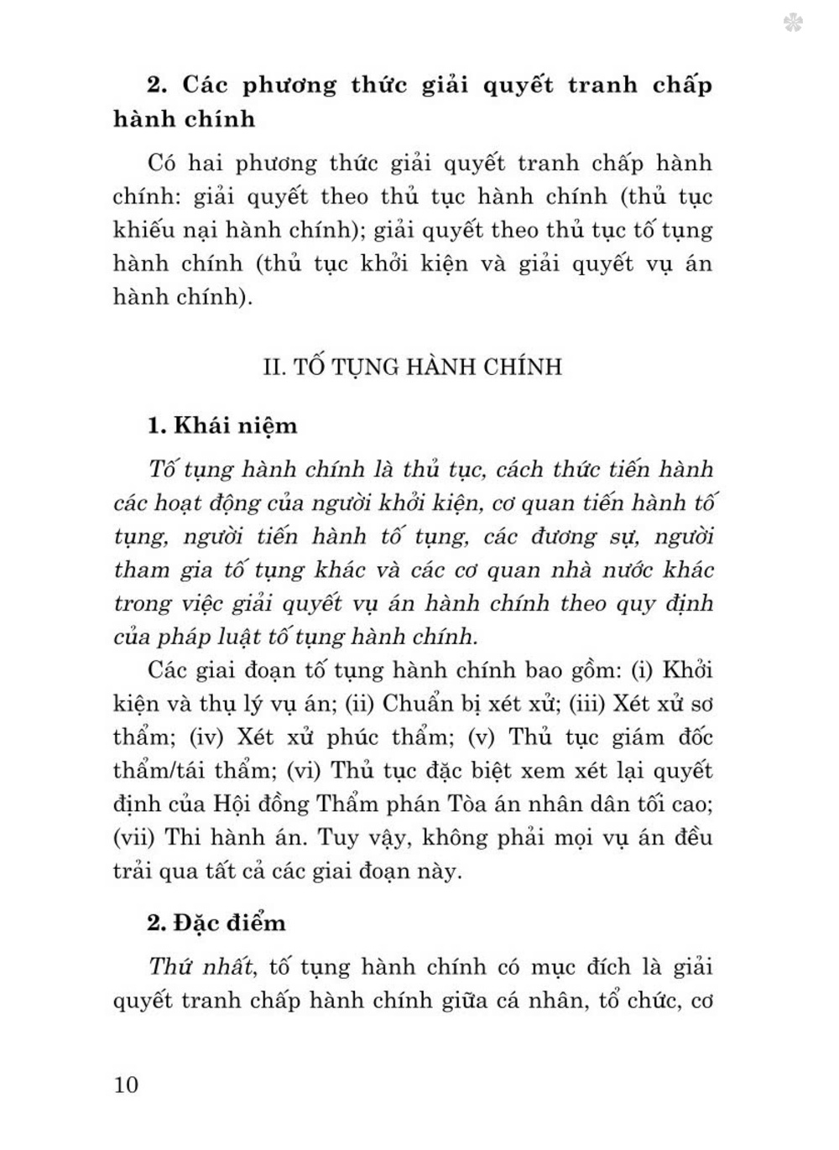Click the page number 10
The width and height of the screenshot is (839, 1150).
126,1085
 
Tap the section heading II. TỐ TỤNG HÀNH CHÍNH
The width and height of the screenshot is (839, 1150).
412,367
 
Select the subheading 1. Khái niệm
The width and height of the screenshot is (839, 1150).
222,425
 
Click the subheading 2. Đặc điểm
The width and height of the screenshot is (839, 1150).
216,923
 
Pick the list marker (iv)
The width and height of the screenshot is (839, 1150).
206,737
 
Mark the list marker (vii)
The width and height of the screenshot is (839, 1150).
133,837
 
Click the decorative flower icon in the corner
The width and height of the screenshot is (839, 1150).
792,23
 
